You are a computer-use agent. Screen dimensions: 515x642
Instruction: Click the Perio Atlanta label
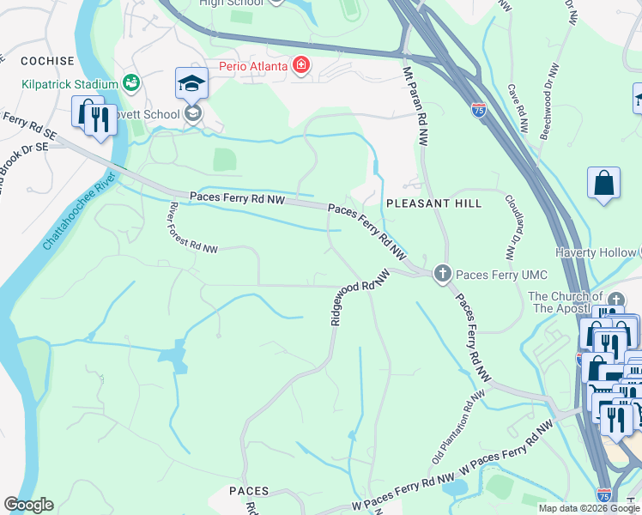[x=248, y=64]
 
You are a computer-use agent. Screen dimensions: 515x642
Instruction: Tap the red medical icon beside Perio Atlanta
[x=300, y=65]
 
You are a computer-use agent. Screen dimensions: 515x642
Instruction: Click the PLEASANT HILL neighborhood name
[x=433, y=203]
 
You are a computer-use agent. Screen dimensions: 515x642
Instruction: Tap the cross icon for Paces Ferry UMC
[x=442, y=274]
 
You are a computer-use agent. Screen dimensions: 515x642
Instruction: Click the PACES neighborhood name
[x=250, y=491]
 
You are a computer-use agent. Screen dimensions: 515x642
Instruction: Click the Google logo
[x=28, y=505]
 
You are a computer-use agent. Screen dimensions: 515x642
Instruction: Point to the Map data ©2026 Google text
[x=588, y=508]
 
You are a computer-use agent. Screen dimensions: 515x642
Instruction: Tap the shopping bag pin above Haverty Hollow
[x=603, y=184]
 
